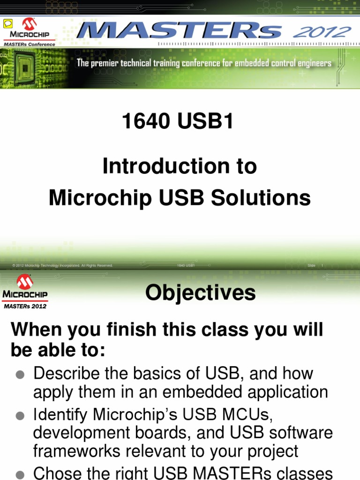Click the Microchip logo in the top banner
(30, 29)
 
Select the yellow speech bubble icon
(7, 24)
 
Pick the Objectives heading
(200, 293)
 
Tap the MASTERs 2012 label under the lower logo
(25, 306)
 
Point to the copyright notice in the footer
(63, 266)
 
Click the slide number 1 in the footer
(322, 266)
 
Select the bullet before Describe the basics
(20, 375)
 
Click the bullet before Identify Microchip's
(20, 416)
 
